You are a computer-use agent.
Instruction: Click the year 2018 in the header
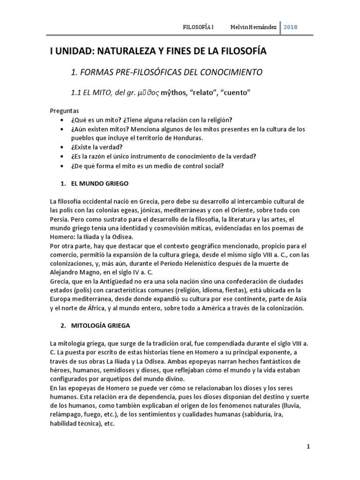[x=290, y=27]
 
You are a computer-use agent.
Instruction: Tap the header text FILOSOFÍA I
[x=198, y=27]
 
